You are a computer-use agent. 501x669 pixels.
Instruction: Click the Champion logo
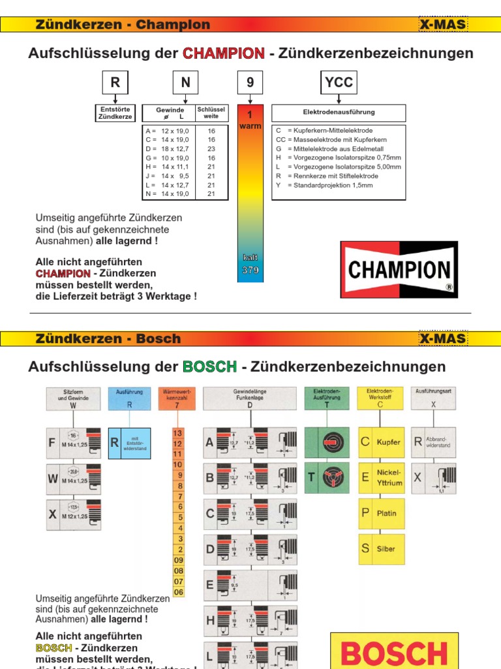(399, 269)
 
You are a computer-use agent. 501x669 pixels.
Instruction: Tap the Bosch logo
(394, 651)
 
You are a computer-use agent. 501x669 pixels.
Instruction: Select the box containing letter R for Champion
(115, 83)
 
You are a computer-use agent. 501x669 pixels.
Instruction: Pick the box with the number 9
(250, 83)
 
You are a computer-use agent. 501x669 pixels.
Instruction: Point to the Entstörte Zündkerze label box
(115, 112)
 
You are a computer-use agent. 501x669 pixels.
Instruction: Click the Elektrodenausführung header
(339, 112)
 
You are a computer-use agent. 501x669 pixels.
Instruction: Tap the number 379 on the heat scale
(250, 270)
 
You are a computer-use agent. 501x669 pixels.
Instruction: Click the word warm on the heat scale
(250, 126)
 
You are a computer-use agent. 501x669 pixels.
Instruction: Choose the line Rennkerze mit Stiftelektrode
(327, 176)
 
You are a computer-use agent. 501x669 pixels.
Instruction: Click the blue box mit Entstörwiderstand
(129, 443)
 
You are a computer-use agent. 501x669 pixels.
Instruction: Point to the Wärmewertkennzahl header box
(176, 399)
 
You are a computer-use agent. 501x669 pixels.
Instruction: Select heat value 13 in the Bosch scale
(177, 432)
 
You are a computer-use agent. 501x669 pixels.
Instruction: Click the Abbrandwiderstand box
(434, 442)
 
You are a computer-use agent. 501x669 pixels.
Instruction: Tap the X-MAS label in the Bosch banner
(442, 338)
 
